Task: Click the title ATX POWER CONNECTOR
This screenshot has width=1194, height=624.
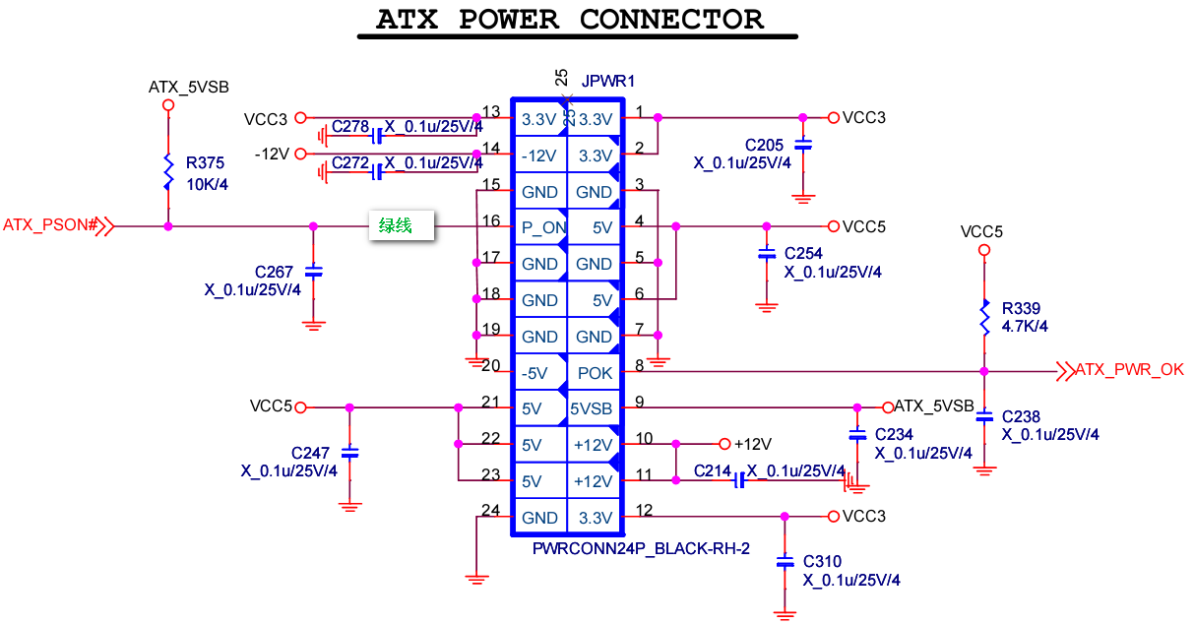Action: pyautogui.click(x=571, y=20)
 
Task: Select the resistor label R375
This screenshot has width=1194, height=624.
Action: pyautogui.click(x=206, y=163)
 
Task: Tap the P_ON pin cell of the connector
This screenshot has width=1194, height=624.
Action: pyautogui.click(x=539, y=227)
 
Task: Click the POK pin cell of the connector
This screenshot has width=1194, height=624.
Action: pyautogui.click(x=595, y=373)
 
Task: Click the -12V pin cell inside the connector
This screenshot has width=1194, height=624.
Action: pyautogui.click(x=539, y=156)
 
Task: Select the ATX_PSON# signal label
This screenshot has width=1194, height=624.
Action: pyautogui.click(x=50, y=225)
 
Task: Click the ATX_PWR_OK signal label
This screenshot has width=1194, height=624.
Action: pyautogui.click(x=1129, y=370)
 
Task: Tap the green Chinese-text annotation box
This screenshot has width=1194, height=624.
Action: pyautogui.click(x=403, y=225)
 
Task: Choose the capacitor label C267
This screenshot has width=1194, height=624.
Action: pyautogui.click(x=274, y=272)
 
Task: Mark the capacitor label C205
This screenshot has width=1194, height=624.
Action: pyautogui.click(x=765, y=146)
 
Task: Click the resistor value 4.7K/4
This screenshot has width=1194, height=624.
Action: pyautogui.click(x=1025, y=326)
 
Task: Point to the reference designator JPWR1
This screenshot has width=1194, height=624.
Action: pyautogui.click(x=608, y=80)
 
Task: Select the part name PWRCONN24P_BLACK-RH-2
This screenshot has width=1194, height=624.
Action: pyautogui.click(x=641, y=548)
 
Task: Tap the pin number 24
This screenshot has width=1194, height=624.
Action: pyautogui.click(x=490, y=510)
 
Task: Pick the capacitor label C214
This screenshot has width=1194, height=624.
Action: pyautogui.click(x=713, y=471)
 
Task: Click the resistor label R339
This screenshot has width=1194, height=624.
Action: pyautogui.click(x=1021, y=308)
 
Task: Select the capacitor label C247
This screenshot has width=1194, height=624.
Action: pyautogui.click(x=310, y=453)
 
